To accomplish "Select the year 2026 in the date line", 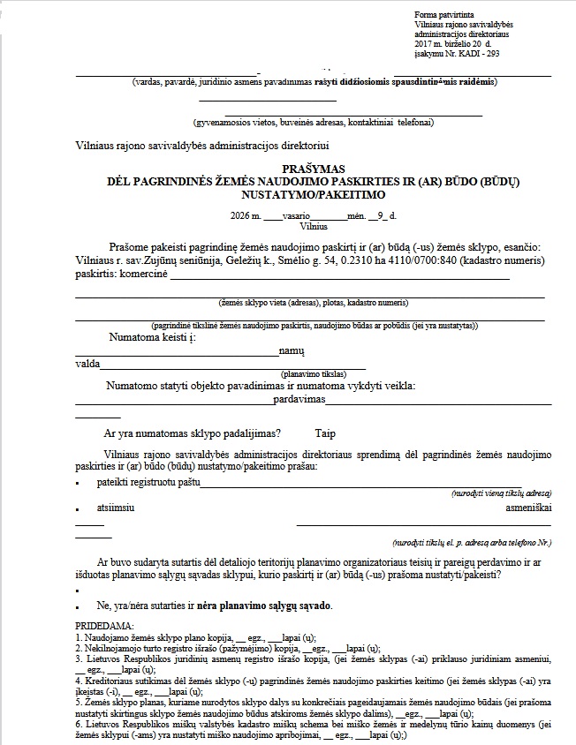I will tap(237, 215).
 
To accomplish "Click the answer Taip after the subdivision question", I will tap(325, 433).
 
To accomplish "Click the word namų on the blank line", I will tap(292, 351).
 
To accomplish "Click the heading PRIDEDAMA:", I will tap(102, 625).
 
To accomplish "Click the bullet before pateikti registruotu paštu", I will tap(79, 485).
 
